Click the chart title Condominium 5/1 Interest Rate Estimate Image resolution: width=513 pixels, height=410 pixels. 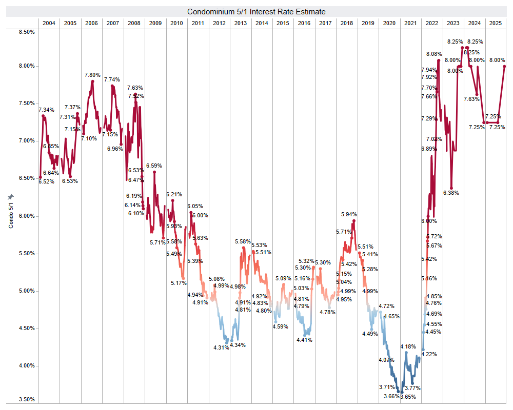pos(256,11)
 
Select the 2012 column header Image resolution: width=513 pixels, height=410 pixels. pos(219,23)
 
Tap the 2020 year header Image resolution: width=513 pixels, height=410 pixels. pos(389,23)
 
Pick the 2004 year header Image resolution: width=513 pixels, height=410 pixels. pos(49,23)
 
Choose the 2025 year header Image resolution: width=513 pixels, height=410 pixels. pos(495,23)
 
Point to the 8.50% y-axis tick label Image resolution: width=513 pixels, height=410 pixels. pos(26,32)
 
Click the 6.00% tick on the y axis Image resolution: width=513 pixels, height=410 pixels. pos(26,216)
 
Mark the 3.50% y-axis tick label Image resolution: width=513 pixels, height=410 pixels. pos(26,400)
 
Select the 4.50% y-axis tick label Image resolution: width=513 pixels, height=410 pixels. pos(26,329)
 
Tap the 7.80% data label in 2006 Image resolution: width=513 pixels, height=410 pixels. pos(93,75)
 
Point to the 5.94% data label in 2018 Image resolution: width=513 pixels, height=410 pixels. pos(349,214)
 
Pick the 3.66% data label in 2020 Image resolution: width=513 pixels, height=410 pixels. pos(391,397)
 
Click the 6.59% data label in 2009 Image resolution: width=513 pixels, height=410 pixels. pos(154,166)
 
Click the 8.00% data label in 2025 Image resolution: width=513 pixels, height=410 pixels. pos(497,60)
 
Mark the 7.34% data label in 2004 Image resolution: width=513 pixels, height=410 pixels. pos(46,110)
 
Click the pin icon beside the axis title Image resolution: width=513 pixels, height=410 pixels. pos(11,197)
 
